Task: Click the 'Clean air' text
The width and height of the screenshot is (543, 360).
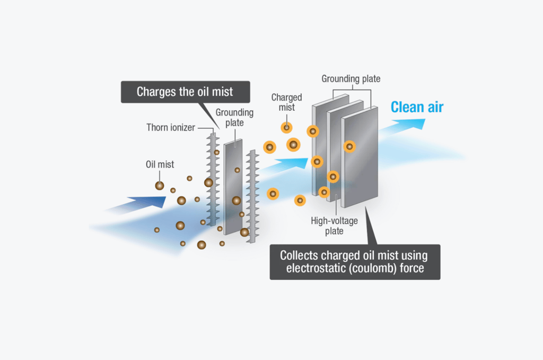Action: [417, 107]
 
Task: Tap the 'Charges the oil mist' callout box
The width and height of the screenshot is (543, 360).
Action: [185, 91]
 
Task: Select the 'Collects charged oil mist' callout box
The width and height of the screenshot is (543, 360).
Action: [355, 261]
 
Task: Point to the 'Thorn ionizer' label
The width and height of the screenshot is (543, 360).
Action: [170, 127]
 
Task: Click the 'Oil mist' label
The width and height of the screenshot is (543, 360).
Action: [160, 164]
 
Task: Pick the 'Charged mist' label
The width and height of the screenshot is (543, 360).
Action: [286, 102]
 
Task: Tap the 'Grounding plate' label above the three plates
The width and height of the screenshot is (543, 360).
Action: [351, 79]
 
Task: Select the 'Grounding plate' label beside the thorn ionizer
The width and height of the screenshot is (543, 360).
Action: [234, 118]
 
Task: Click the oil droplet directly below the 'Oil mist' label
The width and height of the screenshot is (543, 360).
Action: [160, 186]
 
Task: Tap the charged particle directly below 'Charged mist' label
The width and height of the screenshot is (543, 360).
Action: [286, 127]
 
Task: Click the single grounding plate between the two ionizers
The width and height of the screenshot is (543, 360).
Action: [233, 186]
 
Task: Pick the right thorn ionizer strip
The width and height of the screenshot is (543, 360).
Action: [252, 196]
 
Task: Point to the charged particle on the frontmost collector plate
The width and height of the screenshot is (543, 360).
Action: [349, 146]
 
